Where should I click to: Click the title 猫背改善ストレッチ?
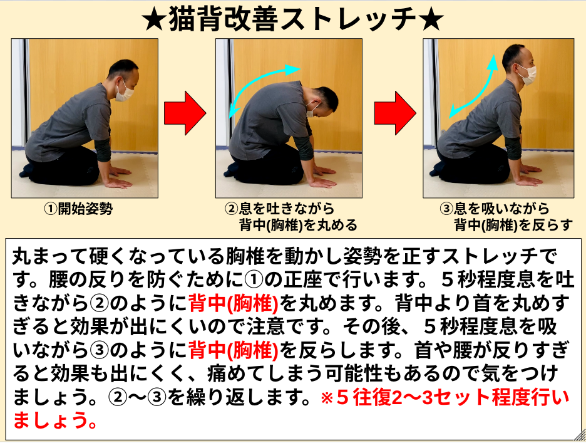(x=292, y=19)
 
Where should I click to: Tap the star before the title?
(x=154, y=19)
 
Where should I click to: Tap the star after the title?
(x=431, y=19)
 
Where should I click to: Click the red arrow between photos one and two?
(x=185, y=113)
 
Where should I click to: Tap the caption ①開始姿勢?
(x=78, y=209)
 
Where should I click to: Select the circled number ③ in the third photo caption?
(x=446, y=209)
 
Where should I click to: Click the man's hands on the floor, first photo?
(x=118, y=177)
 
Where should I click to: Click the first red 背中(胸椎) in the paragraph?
(x=234, y=303)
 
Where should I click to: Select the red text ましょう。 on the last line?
(x=55, y=420)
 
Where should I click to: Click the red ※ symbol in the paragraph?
(x=327, y=397)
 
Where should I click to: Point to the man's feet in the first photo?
(x=28, y=170)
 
